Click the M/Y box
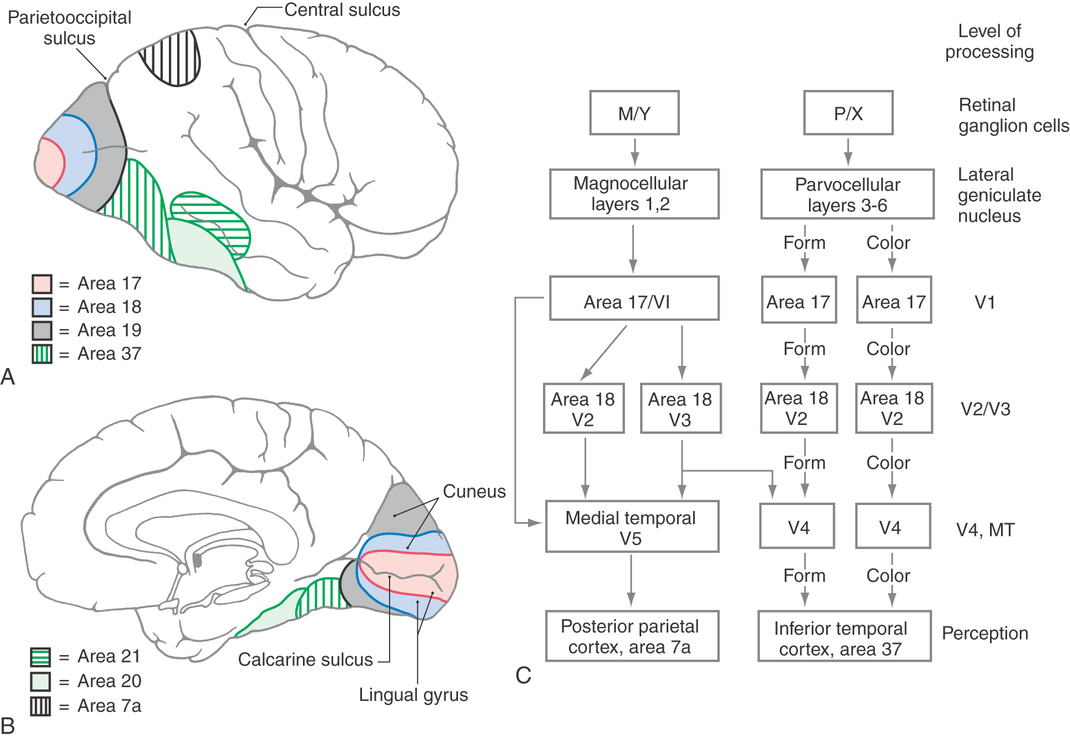click(634, 113)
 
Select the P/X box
click(848, 113)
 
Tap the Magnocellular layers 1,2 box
click(634, 194)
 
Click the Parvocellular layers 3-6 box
click(847, 194)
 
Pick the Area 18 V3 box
click(680, 408)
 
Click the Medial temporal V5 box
click(632, 527)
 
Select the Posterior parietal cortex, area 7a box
click(632, 636)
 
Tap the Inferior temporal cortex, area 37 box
click(844, 636)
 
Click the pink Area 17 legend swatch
click(42, 284)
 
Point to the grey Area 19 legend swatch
click(42, 331)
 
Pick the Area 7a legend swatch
click(40, 706)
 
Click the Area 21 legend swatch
click(40, 657)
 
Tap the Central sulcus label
click(342, 10)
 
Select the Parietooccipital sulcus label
click(70, 28)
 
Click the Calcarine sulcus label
click(305, 660)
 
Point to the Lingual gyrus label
click(413, 695)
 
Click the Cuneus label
click(474, 491)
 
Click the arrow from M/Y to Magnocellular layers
click(635, 151)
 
